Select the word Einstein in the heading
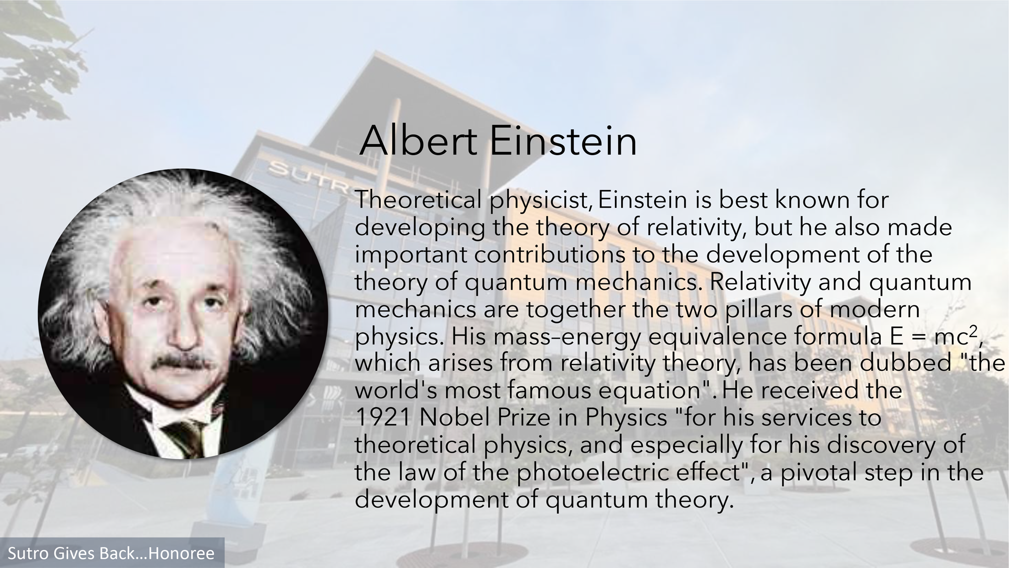click(x=563, y=141)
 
